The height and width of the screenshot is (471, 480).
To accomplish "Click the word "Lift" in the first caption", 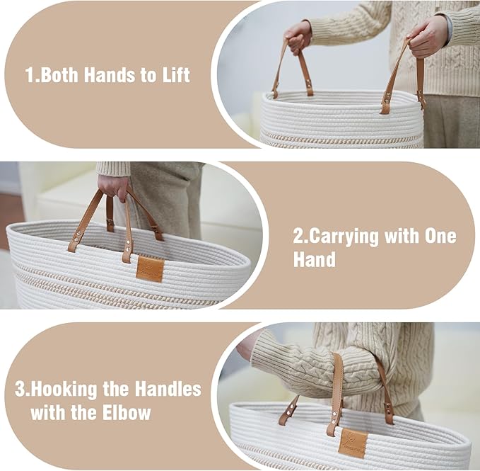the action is coord(176,74).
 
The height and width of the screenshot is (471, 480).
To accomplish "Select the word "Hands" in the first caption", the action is coord(110,74).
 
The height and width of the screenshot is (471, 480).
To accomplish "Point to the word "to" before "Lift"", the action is coord(148,76).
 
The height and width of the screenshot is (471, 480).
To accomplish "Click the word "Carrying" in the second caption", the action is coord(344,237).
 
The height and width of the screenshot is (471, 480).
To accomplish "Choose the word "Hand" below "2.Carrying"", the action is coord(315,259).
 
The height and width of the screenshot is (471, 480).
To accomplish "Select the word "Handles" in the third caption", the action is coord(168,389).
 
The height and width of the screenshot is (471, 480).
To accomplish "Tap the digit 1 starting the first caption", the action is coord(30,74).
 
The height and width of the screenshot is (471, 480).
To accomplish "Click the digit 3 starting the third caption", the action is coord(20,389).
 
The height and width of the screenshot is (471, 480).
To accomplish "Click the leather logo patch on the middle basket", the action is coord(150,269).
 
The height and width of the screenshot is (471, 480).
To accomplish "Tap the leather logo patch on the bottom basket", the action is coord(353,443).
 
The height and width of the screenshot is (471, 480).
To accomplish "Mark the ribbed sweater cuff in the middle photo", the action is coord(113,169).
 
